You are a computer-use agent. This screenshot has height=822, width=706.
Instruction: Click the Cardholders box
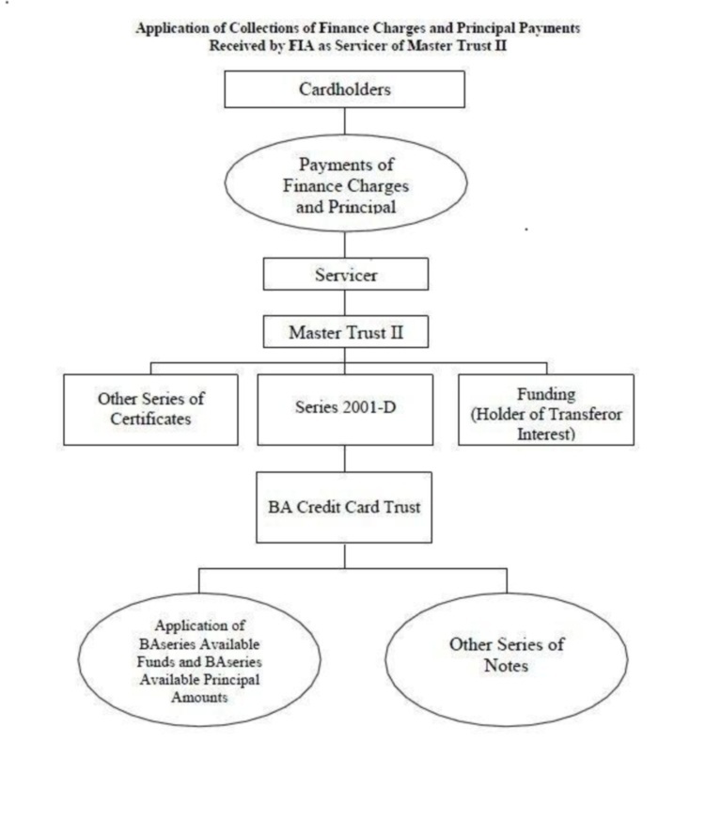coord(344,89)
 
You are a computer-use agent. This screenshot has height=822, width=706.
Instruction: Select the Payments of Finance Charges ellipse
coord(345,183)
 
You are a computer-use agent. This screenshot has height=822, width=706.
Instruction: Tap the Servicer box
coord(345,274)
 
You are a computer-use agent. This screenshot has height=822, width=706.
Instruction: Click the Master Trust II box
coord(345,331)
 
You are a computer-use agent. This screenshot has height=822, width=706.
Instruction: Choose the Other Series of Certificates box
coord(150,409)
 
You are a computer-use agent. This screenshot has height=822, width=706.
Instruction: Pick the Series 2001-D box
coord(345,409)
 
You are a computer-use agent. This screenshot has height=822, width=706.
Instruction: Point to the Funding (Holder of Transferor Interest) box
coord(545,409)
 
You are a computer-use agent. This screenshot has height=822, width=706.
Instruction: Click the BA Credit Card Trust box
coord(344,507)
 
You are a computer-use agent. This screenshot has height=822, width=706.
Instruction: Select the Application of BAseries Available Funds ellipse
coord(199,659)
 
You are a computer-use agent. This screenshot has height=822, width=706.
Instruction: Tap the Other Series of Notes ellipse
coord(507,659)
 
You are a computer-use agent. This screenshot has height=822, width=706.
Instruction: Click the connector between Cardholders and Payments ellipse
coord(344,121)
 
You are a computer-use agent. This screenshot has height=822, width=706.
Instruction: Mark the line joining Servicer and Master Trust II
coord(344,303)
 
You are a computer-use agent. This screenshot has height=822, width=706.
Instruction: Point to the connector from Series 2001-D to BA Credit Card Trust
coord(344,459)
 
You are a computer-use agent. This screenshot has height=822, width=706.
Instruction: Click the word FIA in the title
coord(301,45)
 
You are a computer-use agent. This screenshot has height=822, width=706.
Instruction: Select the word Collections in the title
coord(262,28)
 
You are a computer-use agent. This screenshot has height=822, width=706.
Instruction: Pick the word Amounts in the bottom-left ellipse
coord(199,697)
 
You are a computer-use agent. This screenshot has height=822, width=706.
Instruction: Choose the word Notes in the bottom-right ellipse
coord(506,666)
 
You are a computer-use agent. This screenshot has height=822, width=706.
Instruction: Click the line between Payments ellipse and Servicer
coord(344,245)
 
